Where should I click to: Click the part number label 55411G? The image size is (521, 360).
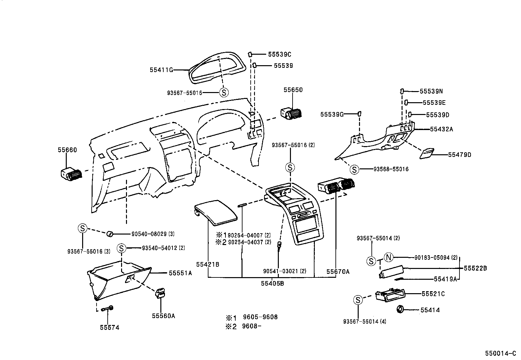161,70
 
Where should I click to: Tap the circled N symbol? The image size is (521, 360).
388,257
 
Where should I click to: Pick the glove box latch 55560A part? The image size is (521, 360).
160,293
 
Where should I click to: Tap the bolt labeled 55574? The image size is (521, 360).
108,309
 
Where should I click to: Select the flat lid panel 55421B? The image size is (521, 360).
216,212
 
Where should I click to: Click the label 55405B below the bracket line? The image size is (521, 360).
272,283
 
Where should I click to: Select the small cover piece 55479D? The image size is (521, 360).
427,154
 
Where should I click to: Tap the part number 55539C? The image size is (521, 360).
279,54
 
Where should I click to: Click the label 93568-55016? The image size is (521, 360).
391,169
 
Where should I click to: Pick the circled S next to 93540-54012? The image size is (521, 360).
121,248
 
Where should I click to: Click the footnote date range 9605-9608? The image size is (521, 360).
260,317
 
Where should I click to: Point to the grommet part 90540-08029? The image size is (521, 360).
110,234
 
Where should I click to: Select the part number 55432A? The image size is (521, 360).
441,129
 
